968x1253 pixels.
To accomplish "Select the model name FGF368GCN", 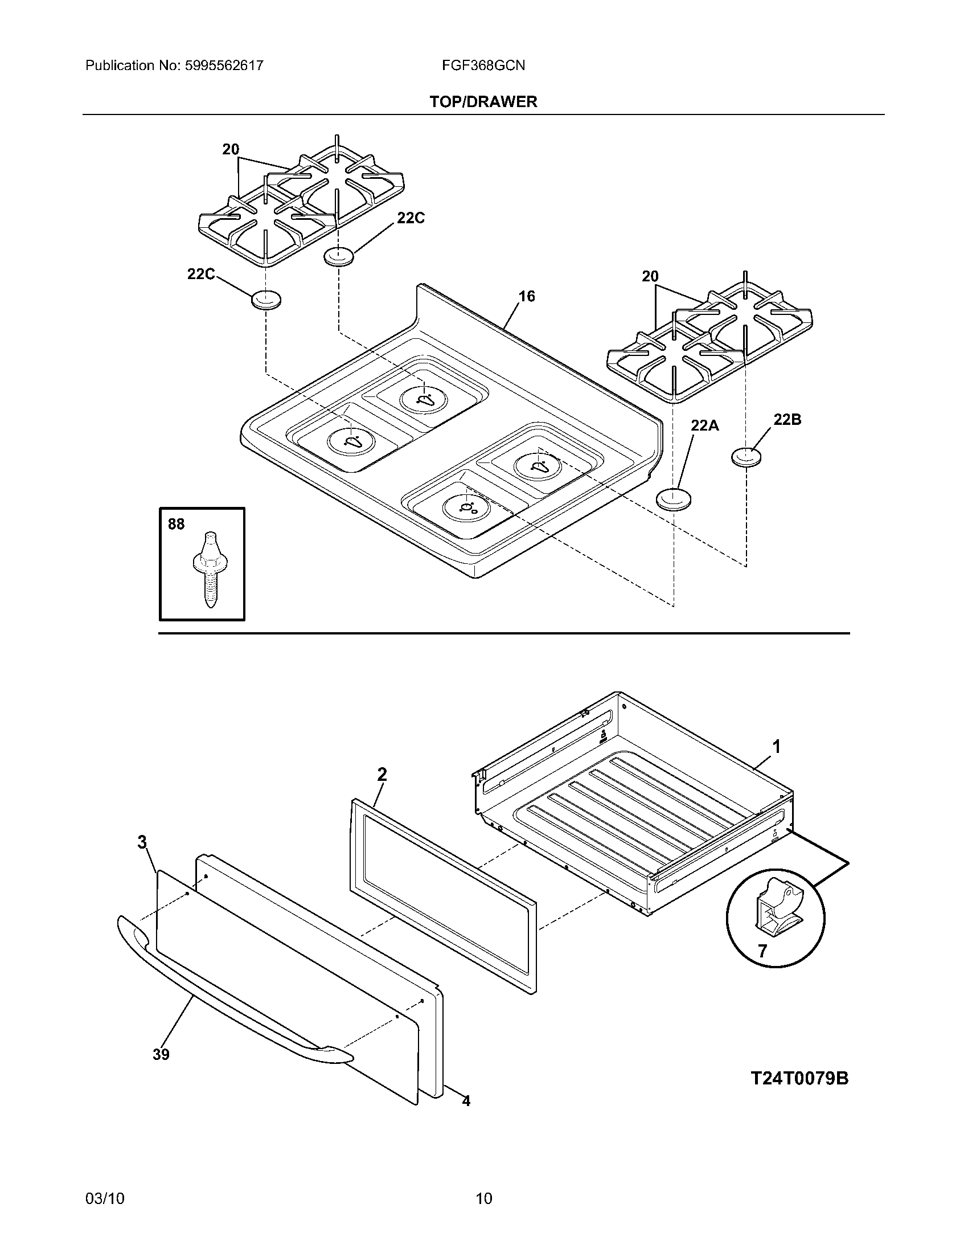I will [483, 65].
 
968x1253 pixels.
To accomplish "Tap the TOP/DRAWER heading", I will [483, 102].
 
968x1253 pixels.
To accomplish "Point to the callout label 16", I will [527, 297].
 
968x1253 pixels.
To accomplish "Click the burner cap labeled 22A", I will [673, 499].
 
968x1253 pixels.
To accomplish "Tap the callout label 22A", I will [704, 425].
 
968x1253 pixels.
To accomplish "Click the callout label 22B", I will [787, 420].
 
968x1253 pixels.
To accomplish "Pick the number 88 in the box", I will [177, 524].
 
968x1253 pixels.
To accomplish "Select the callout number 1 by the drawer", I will [776, 747].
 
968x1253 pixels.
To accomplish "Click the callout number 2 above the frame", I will [382, 775].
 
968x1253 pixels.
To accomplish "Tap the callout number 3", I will [142, 842].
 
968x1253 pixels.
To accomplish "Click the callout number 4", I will [466, 1101].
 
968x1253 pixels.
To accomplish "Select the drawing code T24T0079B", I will [799, 1079].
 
